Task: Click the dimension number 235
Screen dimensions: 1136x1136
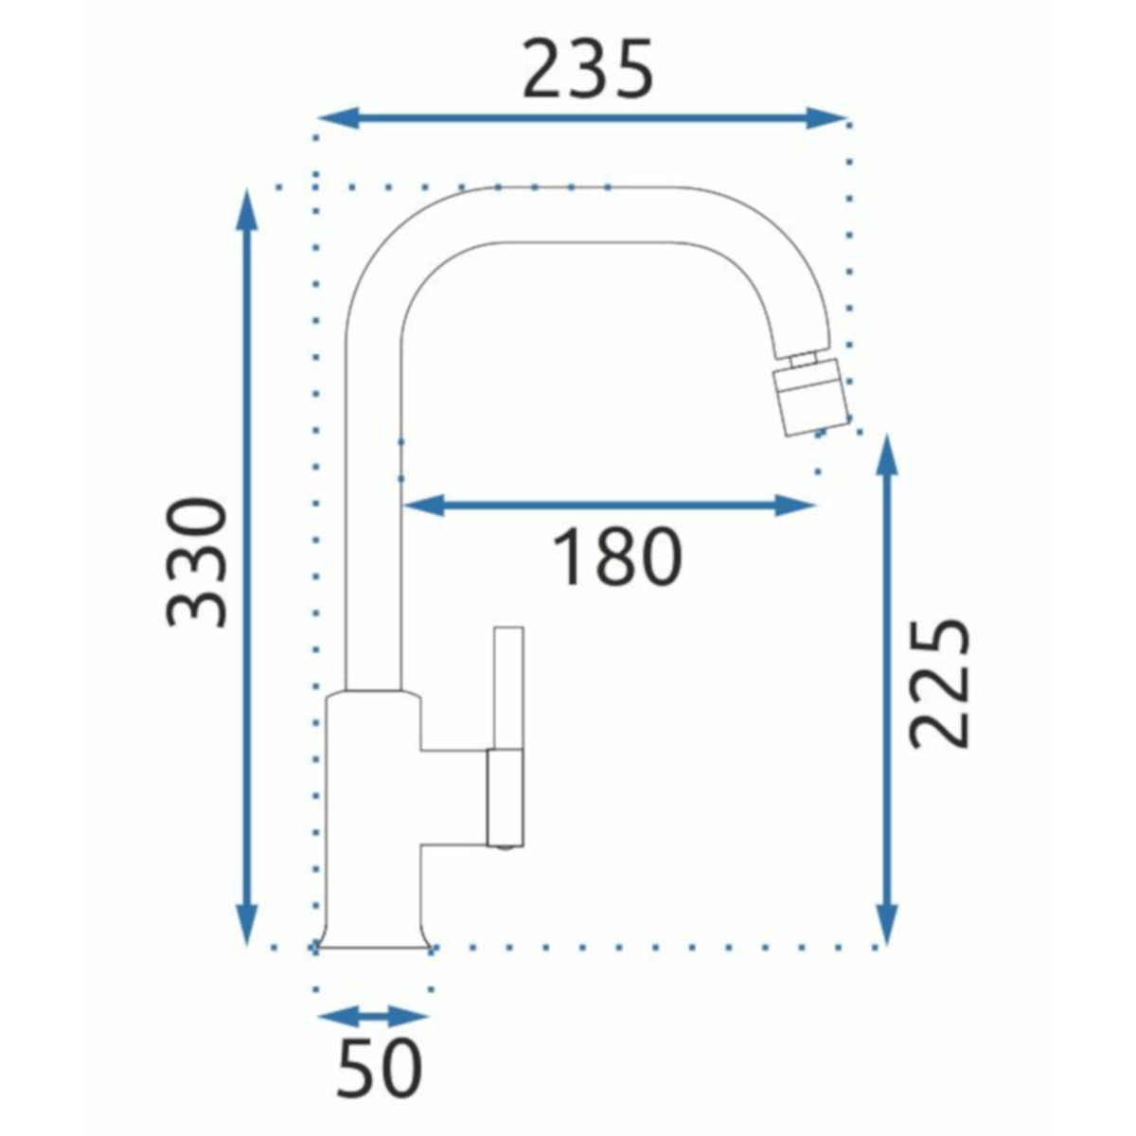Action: pyautogui.click(x=588, y=69)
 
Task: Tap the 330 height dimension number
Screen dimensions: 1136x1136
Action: pyautogui.click(x=196, y=563)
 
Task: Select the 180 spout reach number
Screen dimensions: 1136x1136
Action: pyautogui.click(x=616, y=556)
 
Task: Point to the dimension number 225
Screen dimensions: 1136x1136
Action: pyautogui.click(x=940, y=683)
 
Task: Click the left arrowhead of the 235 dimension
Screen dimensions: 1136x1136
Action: pyautogui.click(x=338, y=118)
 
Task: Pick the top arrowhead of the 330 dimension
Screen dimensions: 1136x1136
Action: pyautogui.click(x=247, y=211)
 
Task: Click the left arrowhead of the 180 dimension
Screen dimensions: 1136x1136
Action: pyautogui.click(x=422, y=506)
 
